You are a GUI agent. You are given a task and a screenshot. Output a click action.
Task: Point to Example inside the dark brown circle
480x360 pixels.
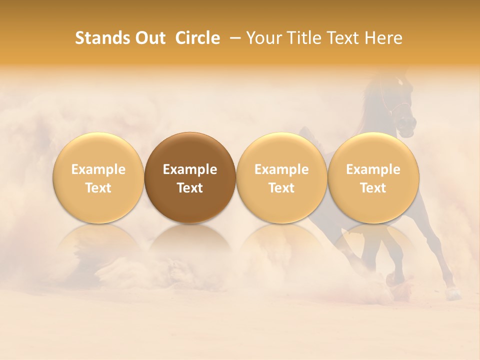click(190, 169)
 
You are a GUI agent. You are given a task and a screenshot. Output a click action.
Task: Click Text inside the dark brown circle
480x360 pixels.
click(190, 188)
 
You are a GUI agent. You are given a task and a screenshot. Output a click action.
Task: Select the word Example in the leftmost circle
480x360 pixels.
click(98, 169)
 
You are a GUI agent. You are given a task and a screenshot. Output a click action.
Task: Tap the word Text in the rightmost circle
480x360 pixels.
click(373, 188)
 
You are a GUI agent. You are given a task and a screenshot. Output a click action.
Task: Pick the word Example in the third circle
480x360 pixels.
click(281, 169)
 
